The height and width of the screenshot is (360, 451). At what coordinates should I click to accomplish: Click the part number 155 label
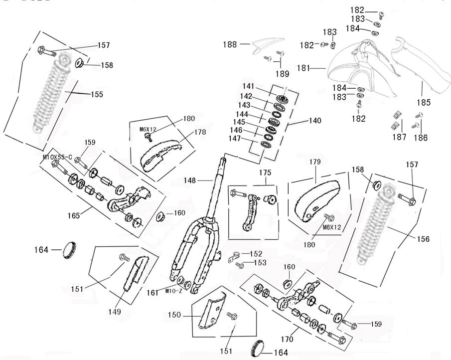click(97, 94)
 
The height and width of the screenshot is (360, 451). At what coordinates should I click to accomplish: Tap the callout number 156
click(423, 239)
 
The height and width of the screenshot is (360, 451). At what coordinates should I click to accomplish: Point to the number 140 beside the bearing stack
click(315, 121)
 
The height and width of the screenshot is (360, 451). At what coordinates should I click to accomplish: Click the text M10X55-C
click(57, 157)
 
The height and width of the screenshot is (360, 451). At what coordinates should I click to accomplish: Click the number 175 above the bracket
click(265, 173)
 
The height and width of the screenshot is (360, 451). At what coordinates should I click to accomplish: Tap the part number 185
click(424, 103)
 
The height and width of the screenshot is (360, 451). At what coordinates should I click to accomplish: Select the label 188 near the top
click(230, 44)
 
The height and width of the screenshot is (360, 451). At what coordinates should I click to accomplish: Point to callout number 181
click(304, 68)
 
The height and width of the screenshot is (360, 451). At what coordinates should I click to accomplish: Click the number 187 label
click(398, 137)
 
